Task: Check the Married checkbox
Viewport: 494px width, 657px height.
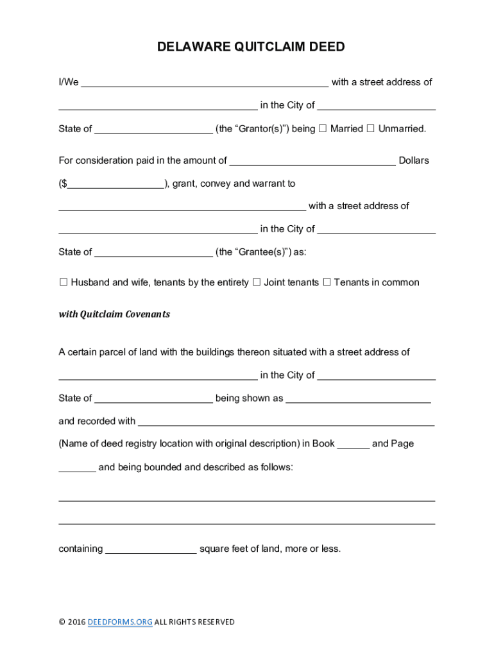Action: tap(323, 128)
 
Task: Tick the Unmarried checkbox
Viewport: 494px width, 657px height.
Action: tap(370, 128)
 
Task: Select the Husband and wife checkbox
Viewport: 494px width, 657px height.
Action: tap(64, 282)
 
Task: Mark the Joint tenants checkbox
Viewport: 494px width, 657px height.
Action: tap(256, 282)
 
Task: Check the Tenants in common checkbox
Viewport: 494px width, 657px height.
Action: tap(327, 282)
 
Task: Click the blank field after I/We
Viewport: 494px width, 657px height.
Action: tap(205, 83)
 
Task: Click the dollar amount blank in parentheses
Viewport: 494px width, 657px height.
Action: tap(115, 184)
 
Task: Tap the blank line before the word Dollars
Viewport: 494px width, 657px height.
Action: tap(312, 161)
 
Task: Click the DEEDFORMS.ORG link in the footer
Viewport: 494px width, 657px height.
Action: tap(120, 622)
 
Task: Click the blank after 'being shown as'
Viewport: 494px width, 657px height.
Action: tap(358, 399)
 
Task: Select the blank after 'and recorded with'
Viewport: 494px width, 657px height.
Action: tap(286, 422)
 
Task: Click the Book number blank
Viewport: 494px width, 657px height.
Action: tap(353, 445)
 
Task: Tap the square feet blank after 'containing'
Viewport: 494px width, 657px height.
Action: tap(151, 550)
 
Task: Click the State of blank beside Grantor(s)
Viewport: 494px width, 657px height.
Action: tap(153, 130)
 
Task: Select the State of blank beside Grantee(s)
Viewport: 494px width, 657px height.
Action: tap(153, 253)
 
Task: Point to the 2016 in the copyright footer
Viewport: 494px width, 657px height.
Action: tap(76, 622)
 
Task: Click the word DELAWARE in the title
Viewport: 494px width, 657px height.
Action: tap(189, 47)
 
